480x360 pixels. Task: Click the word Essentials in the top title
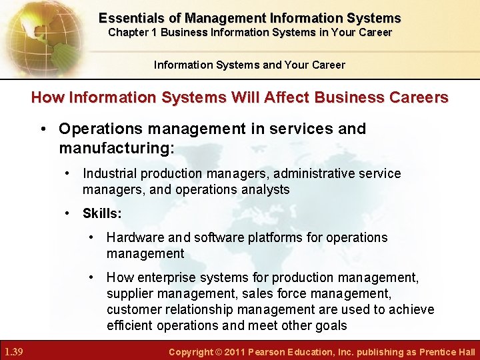coord(128,18)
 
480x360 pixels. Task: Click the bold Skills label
coord(101,213)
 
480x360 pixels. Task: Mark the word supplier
coord(129,293)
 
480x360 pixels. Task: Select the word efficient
coord(130,325)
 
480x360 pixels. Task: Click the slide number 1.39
coord(15,351)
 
